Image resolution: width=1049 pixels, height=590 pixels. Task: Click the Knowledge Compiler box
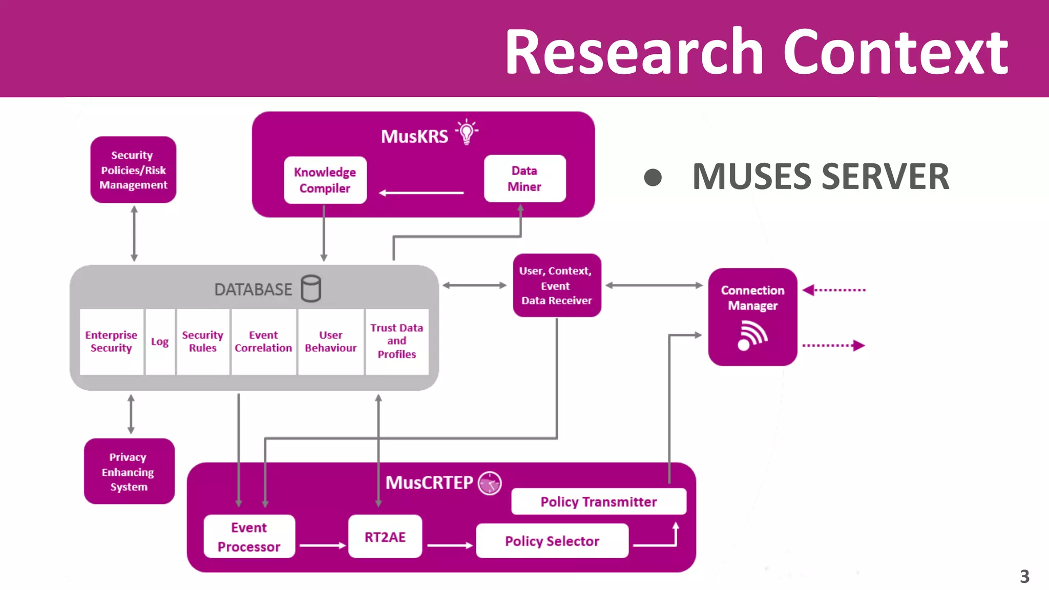tap(325, 180)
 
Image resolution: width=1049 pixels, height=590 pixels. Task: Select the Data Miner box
tap(524, 178)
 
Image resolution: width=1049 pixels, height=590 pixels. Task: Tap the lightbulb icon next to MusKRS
tap(466, 132)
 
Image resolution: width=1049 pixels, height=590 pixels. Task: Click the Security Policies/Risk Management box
tap(133, 170)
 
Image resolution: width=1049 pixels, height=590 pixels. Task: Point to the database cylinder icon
tap(311, 288)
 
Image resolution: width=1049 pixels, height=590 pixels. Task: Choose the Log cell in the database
tap(160, 342)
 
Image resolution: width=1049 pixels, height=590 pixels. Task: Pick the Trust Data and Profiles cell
tap(396, 341)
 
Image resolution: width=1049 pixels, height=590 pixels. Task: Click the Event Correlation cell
tap(263, 342)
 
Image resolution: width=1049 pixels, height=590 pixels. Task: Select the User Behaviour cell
tap(330, 342)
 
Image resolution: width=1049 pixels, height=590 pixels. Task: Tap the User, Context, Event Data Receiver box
tap(557, 285)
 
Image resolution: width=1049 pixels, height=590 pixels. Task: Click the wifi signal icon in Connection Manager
tap(751, 335)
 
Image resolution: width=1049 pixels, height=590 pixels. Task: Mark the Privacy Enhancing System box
tap(129, 471)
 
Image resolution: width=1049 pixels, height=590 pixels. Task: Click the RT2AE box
tap(385, 537)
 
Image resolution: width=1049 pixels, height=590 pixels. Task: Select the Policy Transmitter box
tap(598, 501)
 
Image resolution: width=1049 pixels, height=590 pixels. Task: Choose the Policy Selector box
tap(552, 541)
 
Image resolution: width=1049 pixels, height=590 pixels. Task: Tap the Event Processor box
tap(249, 537)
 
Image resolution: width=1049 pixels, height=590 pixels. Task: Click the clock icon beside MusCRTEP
tap(490, 482)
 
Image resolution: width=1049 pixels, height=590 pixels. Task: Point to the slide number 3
tap(1024, 577)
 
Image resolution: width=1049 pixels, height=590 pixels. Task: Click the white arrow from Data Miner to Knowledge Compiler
tap(421, 193)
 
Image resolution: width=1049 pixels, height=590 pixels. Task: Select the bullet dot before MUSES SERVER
tap(653, 178)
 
